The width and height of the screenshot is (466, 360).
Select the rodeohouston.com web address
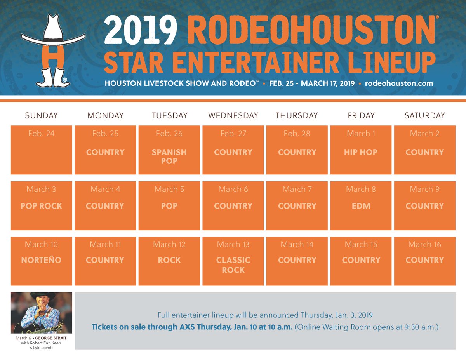(x=399, y=83)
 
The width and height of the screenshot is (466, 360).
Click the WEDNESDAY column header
(x=233, y=115)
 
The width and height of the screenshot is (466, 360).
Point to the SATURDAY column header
(x=424, y=115)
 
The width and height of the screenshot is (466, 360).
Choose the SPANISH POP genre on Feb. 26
(x=169, y=157)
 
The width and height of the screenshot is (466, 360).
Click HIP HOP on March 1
(x=361, y=152)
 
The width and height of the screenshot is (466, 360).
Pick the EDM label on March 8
(x=361, y=206)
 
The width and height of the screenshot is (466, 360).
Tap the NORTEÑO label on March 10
(x=41, y=260)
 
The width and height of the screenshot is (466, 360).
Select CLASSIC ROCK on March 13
(x=233, y=265)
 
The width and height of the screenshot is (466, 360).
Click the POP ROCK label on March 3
(x=41, y=206)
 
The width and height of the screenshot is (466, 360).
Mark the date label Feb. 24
(x=41, y=134)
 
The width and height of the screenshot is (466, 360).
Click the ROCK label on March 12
(x=169, y=260)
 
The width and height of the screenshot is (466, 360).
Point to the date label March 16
(x=424, y=244)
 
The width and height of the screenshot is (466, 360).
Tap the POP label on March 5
(x=169, y=206)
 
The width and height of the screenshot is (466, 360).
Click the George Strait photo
(x=41, y=313)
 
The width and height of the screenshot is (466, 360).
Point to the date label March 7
(x=297, y=189)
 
